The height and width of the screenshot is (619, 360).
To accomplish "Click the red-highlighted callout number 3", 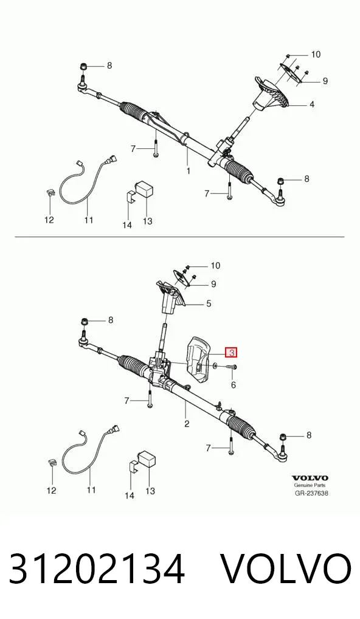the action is pyautogui.click(x=231, y=351).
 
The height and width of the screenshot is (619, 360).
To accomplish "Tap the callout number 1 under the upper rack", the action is pyautogui.click(x=189, y=170).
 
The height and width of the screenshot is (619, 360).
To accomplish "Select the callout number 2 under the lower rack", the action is pyautogui.click(x=187, y=424).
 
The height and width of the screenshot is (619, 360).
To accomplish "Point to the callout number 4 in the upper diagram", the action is pyautogui.click(x=312, y=105).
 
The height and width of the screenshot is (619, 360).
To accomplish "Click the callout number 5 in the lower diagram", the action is pyautogui.click(x=209, y=303).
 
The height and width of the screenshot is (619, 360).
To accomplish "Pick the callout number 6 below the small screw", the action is pyautogui.click(x=234, y=384).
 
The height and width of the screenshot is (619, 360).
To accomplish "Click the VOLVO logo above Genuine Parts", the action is pyautogui.click(x=310, y=478).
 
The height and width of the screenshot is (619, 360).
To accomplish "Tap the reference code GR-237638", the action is pyautogui.click(x=311, y=493).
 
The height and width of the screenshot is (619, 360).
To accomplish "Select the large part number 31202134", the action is pyautogui.click(x=97, y=569).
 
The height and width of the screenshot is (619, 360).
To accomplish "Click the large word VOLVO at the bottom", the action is pyautogui.click(x=285, y=569).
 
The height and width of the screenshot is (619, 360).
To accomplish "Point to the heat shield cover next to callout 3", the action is pyautogui.click(x=199, y=359).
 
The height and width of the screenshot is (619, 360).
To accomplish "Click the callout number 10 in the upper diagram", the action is pyautogui.click(x=316, y=55).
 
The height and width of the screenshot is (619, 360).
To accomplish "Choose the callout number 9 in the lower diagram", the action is pyautogui.click(x=213, y=284).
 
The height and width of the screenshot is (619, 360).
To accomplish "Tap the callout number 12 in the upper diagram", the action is pyautogui.click(x=49, y=220).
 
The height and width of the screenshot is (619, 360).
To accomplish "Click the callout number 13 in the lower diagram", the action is pyautogui.click(x=150, y=491).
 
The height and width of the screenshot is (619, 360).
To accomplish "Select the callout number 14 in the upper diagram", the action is pyautogui.click(x=126, y=225).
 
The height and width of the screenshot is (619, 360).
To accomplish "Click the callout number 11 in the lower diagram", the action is pyautogui.click(x=91, y=490).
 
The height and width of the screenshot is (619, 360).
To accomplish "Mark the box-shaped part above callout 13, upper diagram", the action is pyautogui.click(x=144, y=188).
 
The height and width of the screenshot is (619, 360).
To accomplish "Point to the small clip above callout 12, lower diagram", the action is pyautogui.click(x=51, y=462).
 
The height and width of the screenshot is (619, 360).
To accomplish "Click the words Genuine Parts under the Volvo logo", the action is pyautogui.click(x=310, y=486).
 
